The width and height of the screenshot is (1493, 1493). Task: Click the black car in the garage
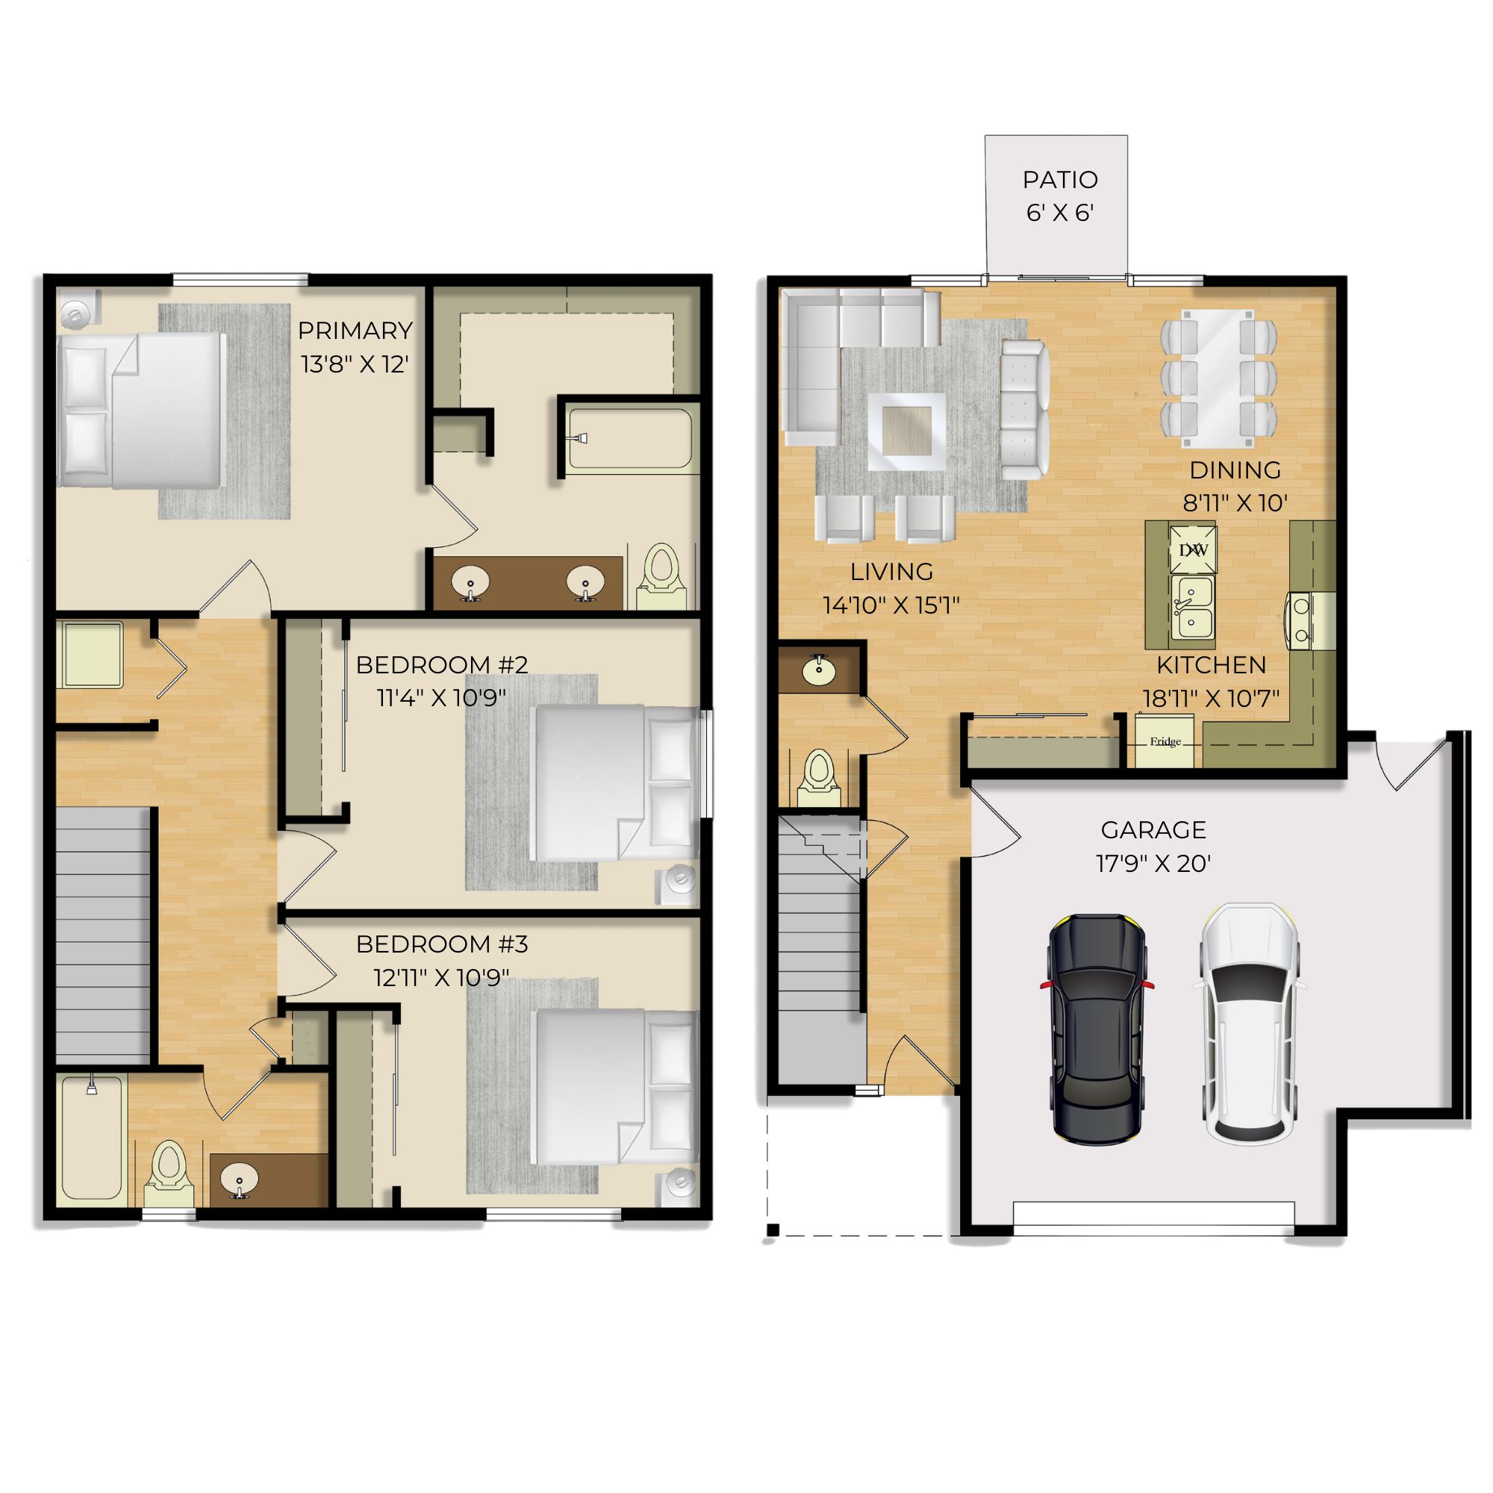tap(1097, 1029)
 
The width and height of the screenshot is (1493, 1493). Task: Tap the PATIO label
tap(1059, 180)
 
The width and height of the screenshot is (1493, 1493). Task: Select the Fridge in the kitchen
tap(1164, 741)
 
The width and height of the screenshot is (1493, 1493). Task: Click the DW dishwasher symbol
tap(1192, 549)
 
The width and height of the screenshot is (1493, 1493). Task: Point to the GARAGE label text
tap(1153, 830)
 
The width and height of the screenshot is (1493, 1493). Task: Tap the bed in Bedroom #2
tap(616, 782)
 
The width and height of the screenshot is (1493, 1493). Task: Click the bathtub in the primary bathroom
tap(630, 438)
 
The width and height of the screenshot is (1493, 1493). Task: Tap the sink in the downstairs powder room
tap(818, 670)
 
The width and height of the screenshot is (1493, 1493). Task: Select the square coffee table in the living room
tap(906, 432)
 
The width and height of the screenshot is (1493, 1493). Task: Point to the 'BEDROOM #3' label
tap(442, 944)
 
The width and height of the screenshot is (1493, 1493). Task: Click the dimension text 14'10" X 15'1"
tap(891, 605)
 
